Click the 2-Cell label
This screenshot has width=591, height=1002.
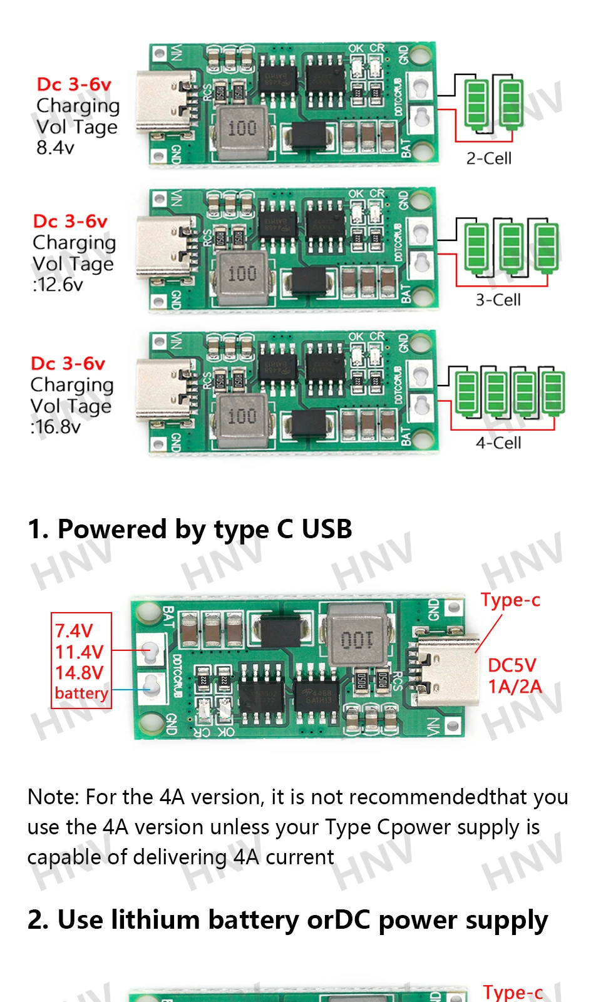(488, 158)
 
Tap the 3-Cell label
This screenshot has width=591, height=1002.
(498, 300)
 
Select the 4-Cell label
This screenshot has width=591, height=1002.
(498, 443)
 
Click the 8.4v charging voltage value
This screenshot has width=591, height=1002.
(55, 148)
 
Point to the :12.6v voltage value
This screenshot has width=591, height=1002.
(58, 285)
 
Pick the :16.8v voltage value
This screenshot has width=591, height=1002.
(56, 427)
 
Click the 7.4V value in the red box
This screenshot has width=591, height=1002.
(74, 630)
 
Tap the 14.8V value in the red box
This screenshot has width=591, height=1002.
(79, 673)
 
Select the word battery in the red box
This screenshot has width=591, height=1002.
(81, 693)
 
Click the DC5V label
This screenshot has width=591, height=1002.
(512, 665)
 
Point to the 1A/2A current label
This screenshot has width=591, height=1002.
(515, 687)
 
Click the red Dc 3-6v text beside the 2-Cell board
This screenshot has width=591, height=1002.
(74, 84)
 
